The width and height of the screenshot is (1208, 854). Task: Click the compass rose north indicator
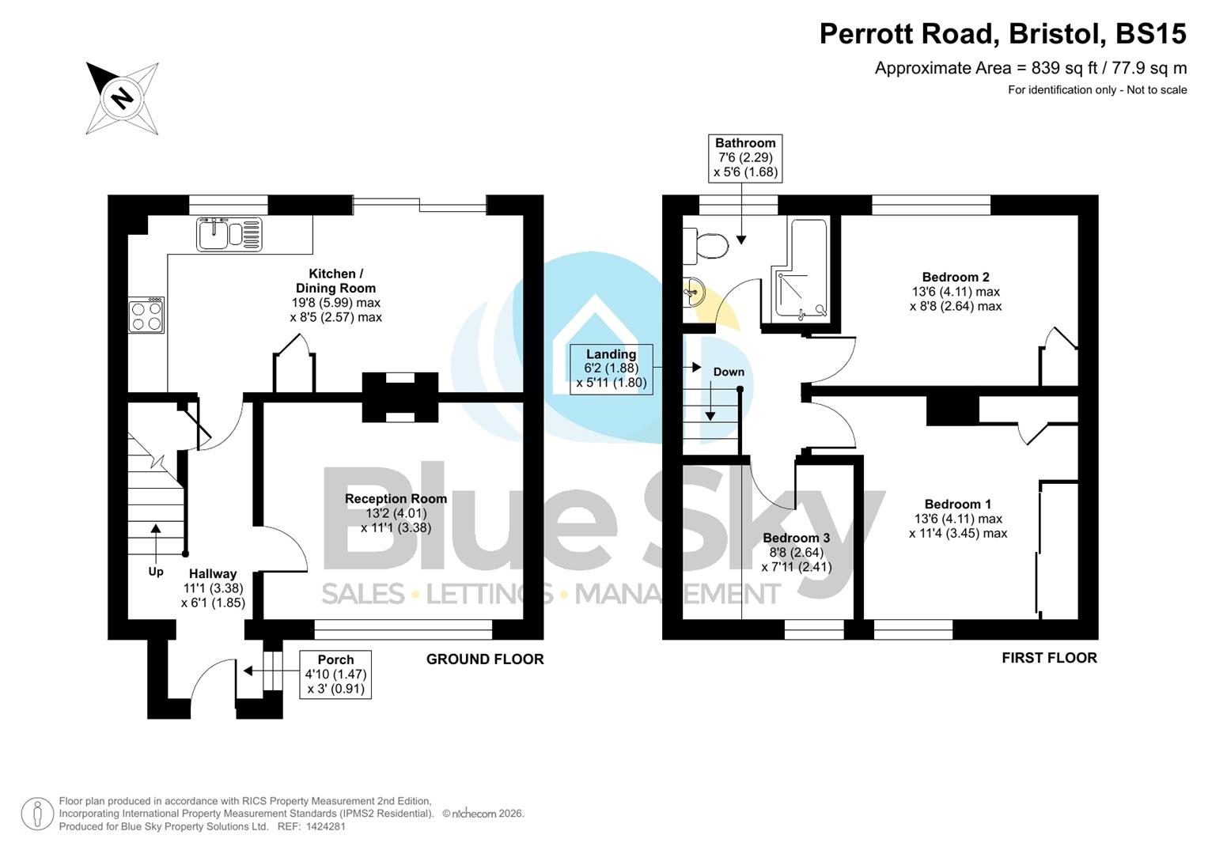122,98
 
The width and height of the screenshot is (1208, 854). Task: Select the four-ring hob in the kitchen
146,316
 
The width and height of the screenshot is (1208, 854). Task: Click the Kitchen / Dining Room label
335,281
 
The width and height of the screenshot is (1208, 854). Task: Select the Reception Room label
396,499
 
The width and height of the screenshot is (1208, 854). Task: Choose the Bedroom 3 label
796,538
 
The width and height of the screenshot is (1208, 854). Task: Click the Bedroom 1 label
957,504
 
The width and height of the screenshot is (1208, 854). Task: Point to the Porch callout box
335,675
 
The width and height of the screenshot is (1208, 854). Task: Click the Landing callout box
611,369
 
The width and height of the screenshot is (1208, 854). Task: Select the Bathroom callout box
744,157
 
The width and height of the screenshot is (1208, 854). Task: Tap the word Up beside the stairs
156,572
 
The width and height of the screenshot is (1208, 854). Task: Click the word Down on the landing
728,372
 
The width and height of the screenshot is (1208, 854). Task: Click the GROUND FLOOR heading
484,659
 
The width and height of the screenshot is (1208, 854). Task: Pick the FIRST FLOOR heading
1048,658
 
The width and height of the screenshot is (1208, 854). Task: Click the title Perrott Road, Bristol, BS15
1002,34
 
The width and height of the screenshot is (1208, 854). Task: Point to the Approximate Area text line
1030,68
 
